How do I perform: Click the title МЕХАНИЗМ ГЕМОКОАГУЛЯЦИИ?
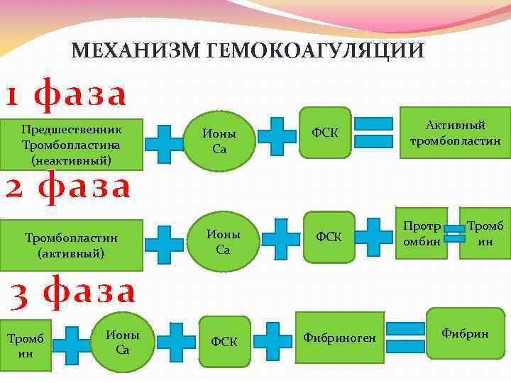point(248,51)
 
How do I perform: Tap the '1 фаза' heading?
point(66,94)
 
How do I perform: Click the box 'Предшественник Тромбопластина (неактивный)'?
point(71,145)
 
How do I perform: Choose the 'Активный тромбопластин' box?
point(455,133)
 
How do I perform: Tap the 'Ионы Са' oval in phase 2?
point(223,241)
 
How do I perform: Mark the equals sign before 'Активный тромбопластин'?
point(373,133)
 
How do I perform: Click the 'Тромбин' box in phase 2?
point(485,233)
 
